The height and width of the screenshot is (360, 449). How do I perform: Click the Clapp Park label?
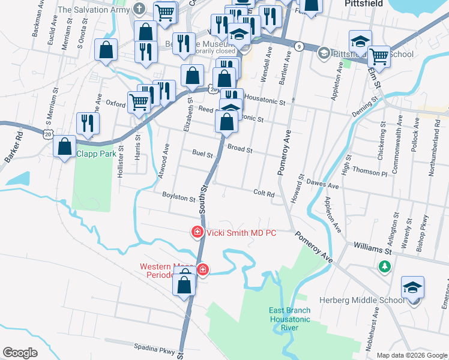96,154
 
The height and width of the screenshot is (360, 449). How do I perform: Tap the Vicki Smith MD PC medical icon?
196,232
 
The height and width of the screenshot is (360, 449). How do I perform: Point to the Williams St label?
372,245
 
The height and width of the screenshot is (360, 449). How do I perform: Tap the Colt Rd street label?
264,194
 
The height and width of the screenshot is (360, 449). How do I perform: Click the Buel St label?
202,154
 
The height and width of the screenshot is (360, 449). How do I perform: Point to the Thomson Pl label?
370,172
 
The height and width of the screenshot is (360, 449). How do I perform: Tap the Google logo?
20,353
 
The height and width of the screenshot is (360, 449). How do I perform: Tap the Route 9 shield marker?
299,46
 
